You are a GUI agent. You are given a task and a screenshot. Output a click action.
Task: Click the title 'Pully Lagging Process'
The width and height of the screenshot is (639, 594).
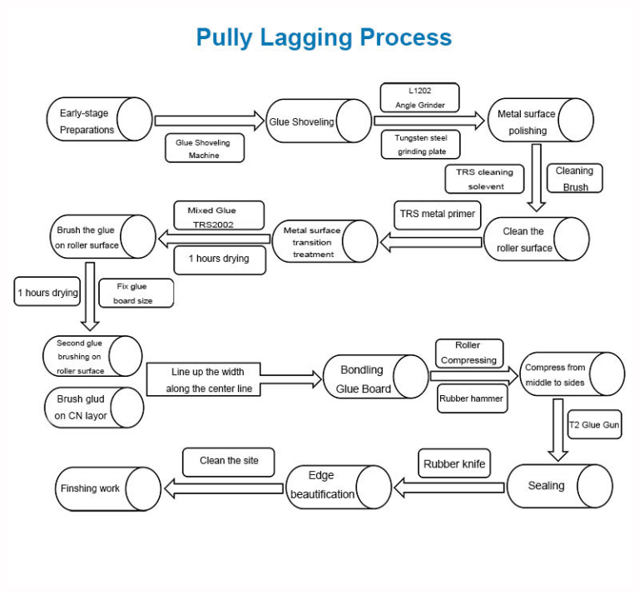[x=324, y=37]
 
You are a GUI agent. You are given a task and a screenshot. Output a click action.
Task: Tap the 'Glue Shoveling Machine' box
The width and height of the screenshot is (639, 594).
[x=204, y=148]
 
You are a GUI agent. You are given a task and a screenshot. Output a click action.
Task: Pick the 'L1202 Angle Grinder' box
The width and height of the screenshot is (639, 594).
[x=419, y=97]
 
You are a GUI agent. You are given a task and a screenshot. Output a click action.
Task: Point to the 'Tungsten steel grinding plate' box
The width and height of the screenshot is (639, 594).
[x=420, y=145]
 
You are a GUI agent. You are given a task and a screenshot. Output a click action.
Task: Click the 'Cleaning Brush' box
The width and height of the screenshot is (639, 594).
[x=574, y=178]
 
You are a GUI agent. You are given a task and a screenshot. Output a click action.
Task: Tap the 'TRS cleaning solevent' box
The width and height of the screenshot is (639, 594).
[x=485, y=179]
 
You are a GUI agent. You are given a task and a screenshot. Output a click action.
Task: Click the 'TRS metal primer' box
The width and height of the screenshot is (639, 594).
[x=437, y=214]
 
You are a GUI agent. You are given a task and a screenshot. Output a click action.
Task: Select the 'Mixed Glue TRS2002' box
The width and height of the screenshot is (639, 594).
[x=219, y=216]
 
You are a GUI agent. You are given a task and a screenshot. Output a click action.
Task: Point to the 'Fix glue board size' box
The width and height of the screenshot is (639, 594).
[x=135, y=293]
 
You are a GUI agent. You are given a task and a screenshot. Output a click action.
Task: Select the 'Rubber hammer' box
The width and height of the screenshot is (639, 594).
[x=471, y=398]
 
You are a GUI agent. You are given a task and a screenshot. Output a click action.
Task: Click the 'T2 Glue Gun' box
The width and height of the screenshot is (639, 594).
[x=594, y=424]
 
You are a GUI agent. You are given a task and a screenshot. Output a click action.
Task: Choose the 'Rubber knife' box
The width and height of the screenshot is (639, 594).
[x=453, y=463]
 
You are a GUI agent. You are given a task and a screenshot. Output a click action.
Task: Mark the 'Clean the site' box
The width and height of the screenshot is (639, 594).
[x=229, y=461]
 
